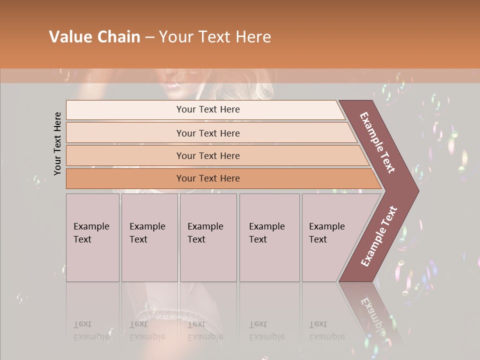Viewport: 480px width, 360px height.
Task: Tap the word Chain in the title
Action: (x=119, y=37)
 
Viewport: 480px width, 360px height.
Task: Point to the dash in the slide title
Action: (x=149, y=37)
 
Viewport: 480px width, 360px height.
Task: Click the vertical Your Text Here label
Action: (x=57, y=143)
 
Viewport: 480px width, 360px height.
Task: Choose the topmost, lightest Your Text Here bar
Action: (x=208, y=109)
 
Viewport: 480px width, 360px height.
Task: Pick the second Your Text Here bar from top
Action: (x=208, y=133)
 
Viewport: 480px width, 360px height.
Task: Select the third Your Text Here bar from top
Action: (x=208, y=155)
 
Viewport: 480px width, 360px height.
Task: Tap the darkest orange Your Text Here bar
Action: (x=208, y=178)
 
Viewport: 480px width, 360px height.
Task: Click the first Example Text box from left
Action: (x=92, y=237)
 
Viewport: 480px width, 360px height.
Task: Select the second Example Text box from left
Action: (x=149, y=237)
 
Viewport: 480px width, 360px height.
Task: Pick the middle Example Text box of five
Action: (x=208, y=237)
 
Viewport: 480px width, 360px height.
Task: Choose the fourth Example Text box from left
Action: (x=269, y=237)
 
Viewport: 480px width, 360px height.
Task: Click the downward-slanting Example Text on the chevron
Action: (x=377, y=142)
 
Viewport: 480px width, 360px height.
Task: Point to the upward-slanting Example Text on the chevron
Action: (x=378, y=236)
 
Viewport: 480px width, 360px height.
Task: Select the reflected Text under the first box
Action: (x=82, y=324)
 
